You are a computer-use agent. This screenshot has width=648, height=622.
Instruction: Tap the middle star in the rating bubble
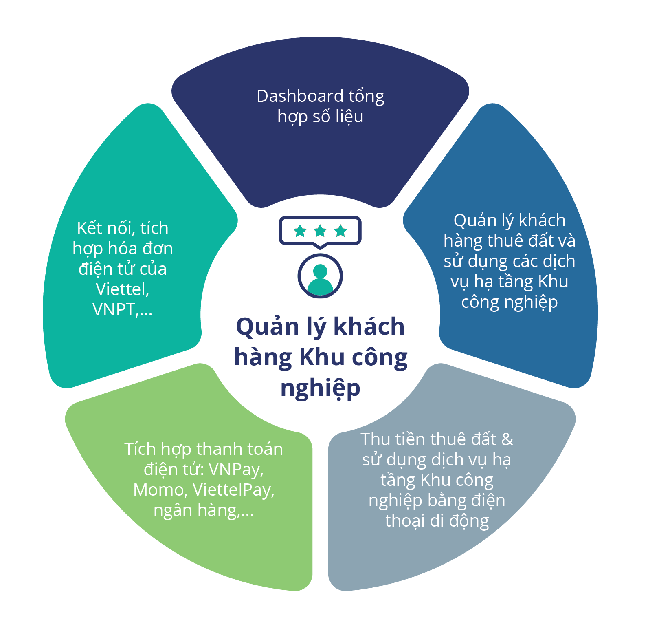coord(320,231)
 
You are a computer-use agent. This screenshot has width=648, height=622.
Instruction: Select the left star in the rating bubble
coord(300,231)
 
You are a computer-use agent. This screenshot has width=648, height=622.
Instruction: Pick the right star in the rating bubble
coord(340,231)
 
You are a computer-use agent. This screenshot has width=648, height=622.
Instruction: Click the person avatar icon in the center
coord(320,276)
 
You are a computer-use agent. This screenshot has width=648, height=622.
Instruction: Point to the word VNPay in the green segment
coord(236,470)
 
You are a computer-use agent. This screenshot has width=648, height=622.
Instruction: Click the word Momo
coord(159,490)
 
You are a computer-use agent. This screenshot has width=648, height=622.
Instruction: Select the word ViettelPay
coord(233,490)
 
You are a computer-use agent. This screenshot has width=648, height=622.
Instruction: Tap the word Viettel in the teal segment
coord(122,289)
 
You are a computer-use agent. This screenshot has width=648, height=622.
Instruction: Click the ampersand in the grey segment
coord(507,439)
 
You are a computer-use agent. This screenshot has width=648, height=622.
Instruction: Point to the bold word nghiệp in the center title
coord(320,388)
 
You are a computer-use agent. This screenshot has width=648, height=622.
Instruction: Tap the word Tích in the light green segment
coord(140,449)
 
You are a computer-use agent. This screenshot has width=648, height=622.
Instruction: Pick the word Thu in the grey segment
coord(374,439)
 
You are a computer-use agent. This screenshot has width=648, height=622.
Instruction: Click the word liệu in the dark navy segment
coord(349,117)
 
